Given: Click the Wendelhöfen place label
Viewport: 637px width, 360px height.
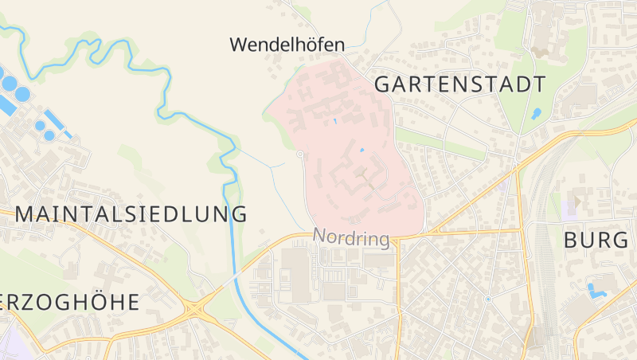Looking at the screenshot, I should pos(287,45).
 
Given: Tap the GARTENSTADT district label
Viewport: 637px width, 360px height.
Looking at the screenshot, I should pos(459,84).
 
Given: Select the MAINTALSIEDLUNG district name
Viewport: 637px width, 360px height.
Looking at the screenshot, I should pos(131,213).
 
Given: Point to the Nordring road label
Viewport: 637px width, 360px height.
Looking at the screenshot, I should pos(351,238).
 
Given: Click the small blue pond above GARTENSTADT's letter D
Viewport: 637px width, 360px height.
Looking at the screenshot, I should pos(537,113).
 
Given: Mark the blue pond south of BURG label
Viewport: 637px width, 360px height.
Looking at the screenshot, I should pos(595,290).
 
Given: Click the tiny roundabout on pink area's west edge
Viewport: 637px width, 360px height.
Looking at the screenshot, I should pos(299,154).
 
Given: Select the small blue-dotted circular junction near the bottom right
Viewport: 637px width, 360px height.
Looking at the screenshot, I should pos(487,299).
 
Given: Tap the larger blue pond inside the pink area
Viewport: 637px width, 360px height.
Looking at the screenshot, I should pos(362,150).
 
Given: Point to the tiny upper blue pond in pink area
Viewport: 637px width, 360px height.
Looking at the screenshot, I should pos(335,120).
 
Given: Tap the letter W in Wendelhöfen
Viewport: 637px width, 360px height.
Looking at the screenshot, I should pos(237,45).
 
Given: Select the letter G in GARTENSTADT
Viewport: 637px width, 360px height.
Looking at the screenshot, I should pos(383,84).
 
